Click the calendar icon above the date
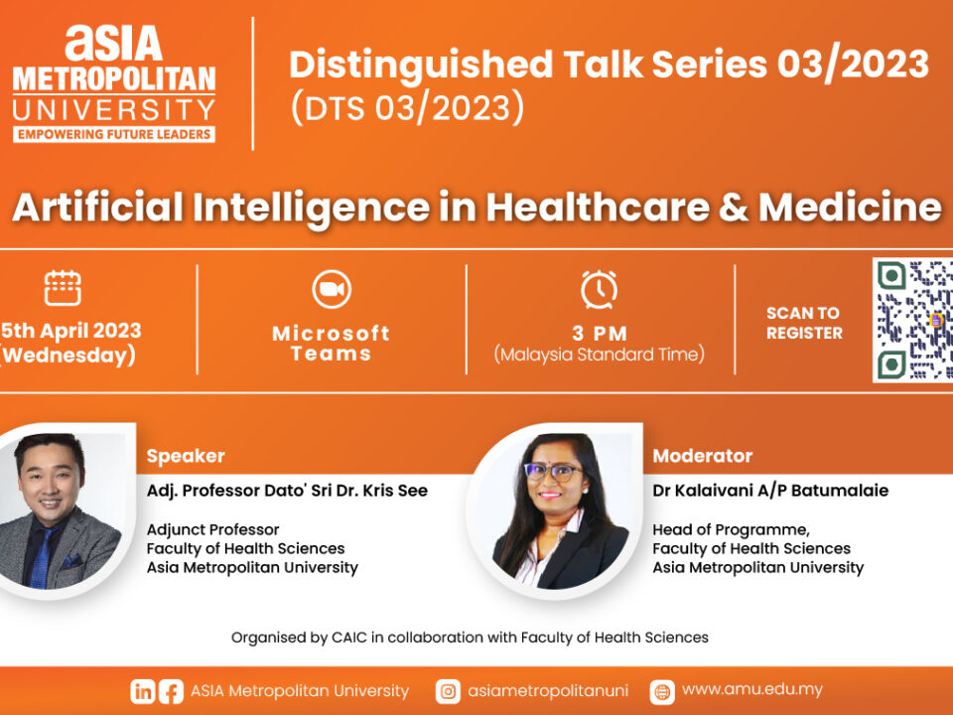point(63,288)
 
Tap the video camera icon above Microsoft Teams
point(332,289)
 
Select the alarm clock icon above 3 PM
point(600,289)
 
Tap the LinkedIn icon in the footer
point(142,691)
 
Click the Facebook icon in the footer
point(171,691)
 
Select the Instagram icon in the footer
point(448,691)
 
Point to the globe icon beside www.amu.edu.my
point(662,691)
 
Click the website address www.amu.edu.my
point(752,689)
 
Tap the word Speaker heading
point(186,456)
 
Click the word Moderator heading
point(703,456)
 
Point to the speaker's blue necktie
point(42,557)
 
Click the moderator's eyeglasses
point(551,472)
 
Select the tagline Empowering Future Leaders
point(114,134)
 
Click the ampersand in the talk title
point(734,208)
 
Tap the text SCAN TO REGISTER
point(804,323)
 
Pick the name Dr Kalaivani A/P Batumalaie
point(770,491)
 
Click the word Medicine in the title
point(851,207)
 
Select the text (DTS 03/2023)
point(407,107)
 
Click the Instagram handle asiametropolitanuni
point(548,691)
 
